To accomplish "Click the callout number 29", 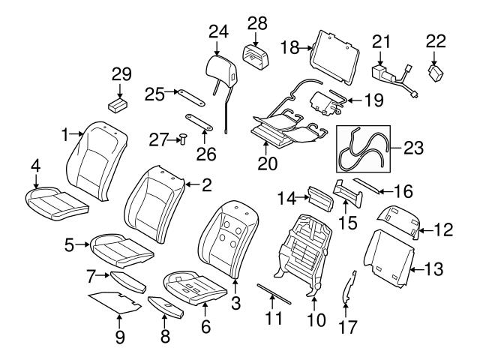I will click(x=121, y=74).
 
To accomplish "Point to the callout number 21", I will click(x=382, y=40).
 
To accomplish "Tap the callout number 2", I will click(x=205, y=184).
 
